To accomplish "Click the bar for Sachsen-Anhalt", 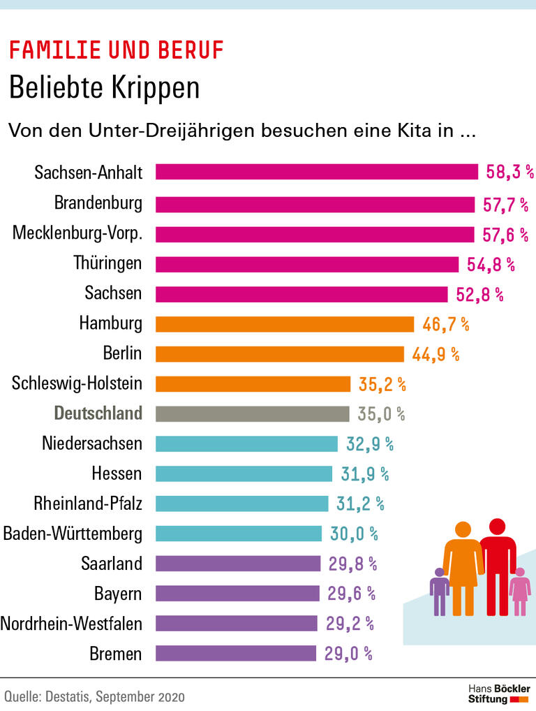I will pos(316,172).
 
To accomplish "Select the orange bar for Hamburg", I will pos(285,324).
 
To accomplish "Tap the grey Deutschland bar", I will pos(253,413).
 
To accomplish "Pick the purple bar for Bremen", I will pos(236,654).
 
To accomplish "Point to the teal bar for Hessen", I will pos(244,474).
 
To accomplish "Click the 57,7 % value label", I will pos(505,204).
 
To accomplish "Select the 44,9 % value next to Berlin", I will pos(435,354).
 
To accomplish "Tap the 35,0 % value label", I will pos(381,413).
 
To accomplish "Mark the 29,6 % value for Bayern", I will pos(352,594).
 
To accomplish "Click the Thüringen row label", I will pos(107,263).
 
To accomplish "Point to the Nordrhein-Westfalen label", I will pos(71,624).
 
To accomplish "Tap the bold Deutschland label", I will pos(98,413).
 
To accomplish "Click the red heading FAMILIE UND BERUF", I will pos(117,50).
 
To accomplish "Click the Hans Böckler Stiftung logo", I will pos(498,694).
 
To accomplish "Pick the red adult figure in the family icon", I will pos(497,562).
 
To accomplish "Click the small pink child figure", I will pos(519,591).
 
